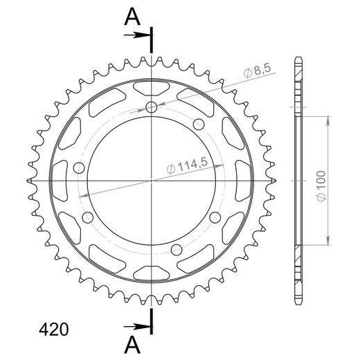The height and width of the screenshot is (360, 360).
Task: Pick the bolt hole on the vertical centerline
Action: click(152, 107)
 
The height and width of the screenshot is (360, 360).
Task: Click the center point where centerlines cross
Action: click(152, 181)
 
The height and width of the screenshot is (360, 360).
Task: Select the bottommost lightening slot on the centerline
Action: click(152, 273)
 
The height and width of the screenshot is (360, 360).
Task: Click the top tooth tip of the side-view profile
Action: click(298, 57)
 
